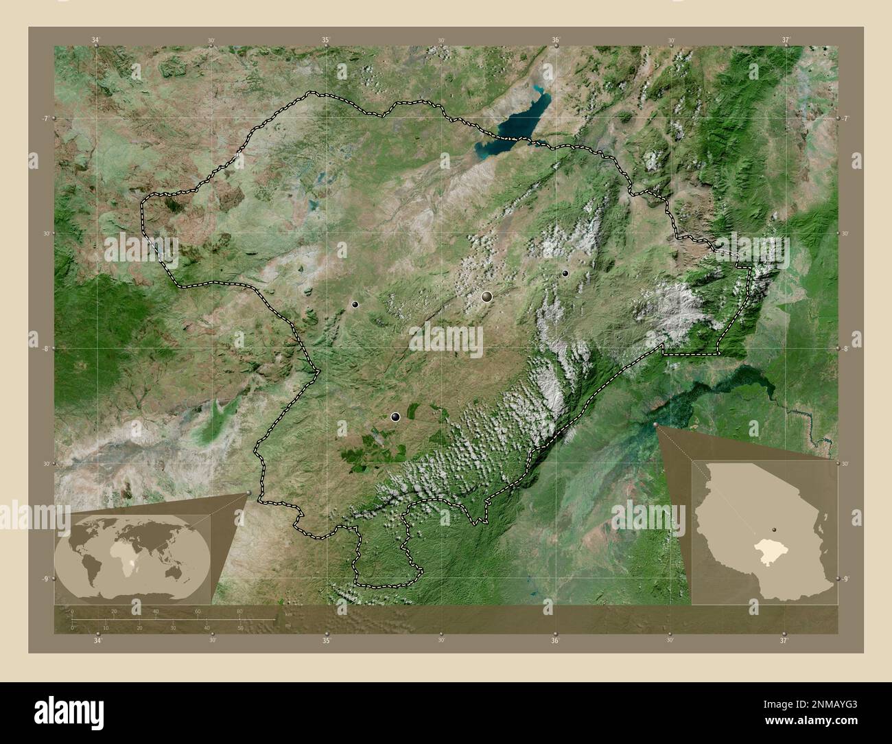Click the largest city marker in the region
pos(487,297)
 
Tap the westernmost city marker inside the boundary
pos(355,304)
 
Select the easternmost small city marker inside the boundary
pos(565,273)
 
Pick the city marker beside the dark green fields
pos(395,417)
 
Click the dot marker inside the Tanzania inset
pos(774,530)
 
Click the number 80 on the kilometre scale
pos(239,611)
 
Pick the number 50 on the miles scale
pos(240,628)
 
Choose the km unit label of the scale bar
pos(288,614)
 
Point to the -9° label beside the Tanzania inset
pos(845,579)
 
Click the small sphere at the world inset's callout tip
pos(248,492)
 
